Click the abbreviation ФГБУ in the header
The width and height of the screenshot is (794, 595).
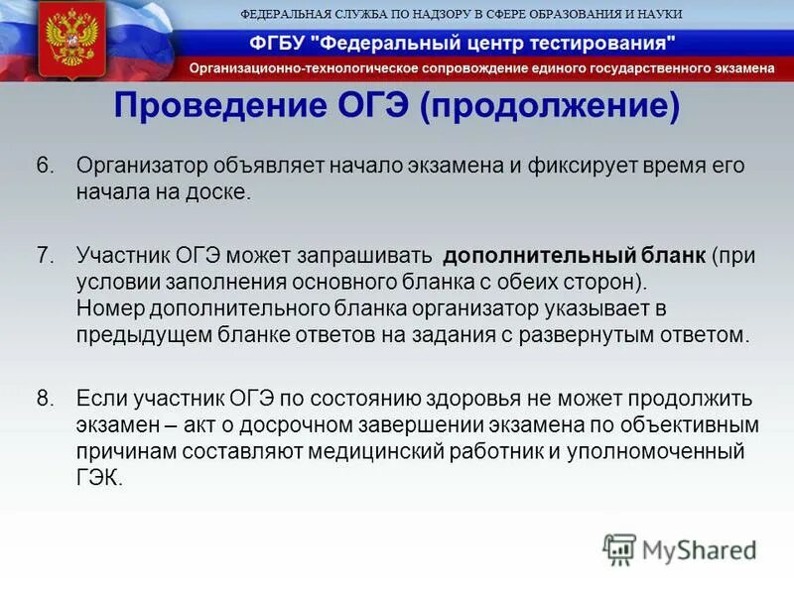click(x=279, y=43)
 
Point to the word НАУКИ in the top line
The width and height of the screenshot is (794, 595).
click(x=658, y=13)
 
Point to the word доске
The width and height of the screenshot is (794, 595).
click(x=221, y=191)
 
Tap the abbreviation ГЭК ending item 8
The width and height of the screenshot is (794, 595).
click(x=98, y=478)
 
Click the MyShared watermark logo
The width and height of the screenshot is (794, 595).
click(x=680, y=548)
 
